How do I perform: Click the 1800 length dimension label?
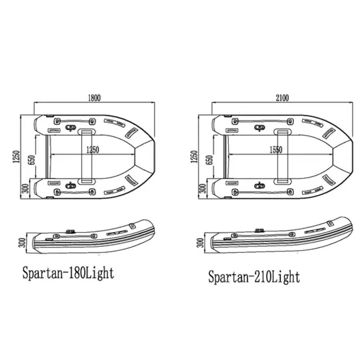click(94, 97)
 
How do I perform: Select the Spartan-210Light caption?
click(254, 277)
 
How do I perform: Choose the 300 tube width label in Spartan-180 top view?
click(25, 188)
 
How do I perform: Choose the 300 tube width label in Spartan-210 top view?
click(203, 188)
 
